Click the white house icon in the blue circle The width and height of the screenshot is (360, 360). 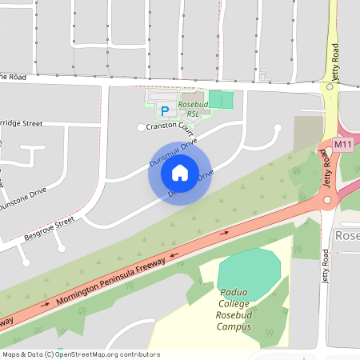pos(180,173)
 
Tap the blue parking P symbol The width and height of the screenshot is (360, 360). pos(166,111)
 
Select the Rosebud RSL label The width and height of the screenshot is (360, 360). pos(193,110)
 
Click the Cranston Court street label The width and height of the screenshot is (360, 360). pos(170,126)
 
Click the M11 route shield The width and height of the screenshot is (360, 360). pos(343,145)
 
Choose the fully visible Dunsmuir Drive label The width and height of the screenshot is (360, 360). pos(173,151)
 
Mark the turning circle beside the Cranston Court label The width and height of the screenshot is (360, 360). pos(141,127)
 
